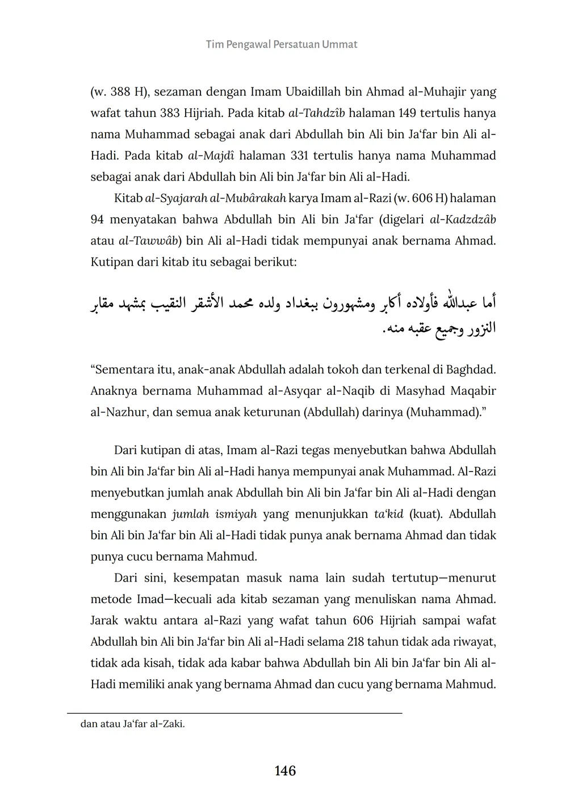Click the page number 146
click(285, 771)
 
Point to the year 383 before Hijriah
click(169, 113)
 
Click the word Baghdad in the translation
click(471, 370)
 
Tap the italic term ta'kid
click(388, 514)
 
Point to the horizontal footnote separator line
click(234, 713)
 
